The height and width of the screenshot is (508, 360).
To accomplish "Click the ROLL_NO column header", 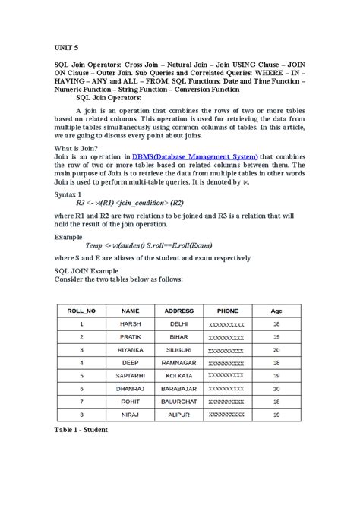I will tap(81, 311).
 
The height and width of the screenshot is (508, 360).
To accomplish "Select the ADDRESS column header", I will tap(179, 311).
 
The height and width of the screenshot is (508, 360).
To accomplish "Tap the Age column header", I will tap(276, 311).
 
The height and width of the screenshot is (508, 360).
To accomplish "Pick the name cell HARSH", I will tap(130, 324).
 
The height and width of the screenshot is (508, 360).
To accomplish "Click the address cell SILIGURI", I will tap(179, 350).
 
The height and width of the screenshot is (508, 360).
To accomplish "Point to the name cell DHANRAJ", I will tap(130, 388).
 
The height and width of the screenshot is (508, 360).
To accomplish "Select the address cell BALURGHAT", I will tap(179, 401).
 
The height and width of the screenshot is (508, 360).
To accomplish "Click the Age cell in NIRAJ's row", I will tap(276, 414).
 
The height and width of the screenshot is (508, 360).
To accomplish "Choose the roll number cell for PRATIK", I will tap(81, 337).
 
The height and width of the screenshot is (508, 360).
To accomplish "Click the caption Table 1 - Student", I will tap(81, 430).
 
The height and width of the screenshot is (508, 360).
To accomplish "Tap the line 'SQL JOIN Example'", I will tap(84, 270).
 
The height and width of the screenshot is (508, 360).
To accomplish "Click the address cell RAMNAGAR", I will tap(179, 363).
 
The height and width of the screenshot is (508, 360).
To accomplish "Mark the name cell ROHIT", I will tap(130, 401).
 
